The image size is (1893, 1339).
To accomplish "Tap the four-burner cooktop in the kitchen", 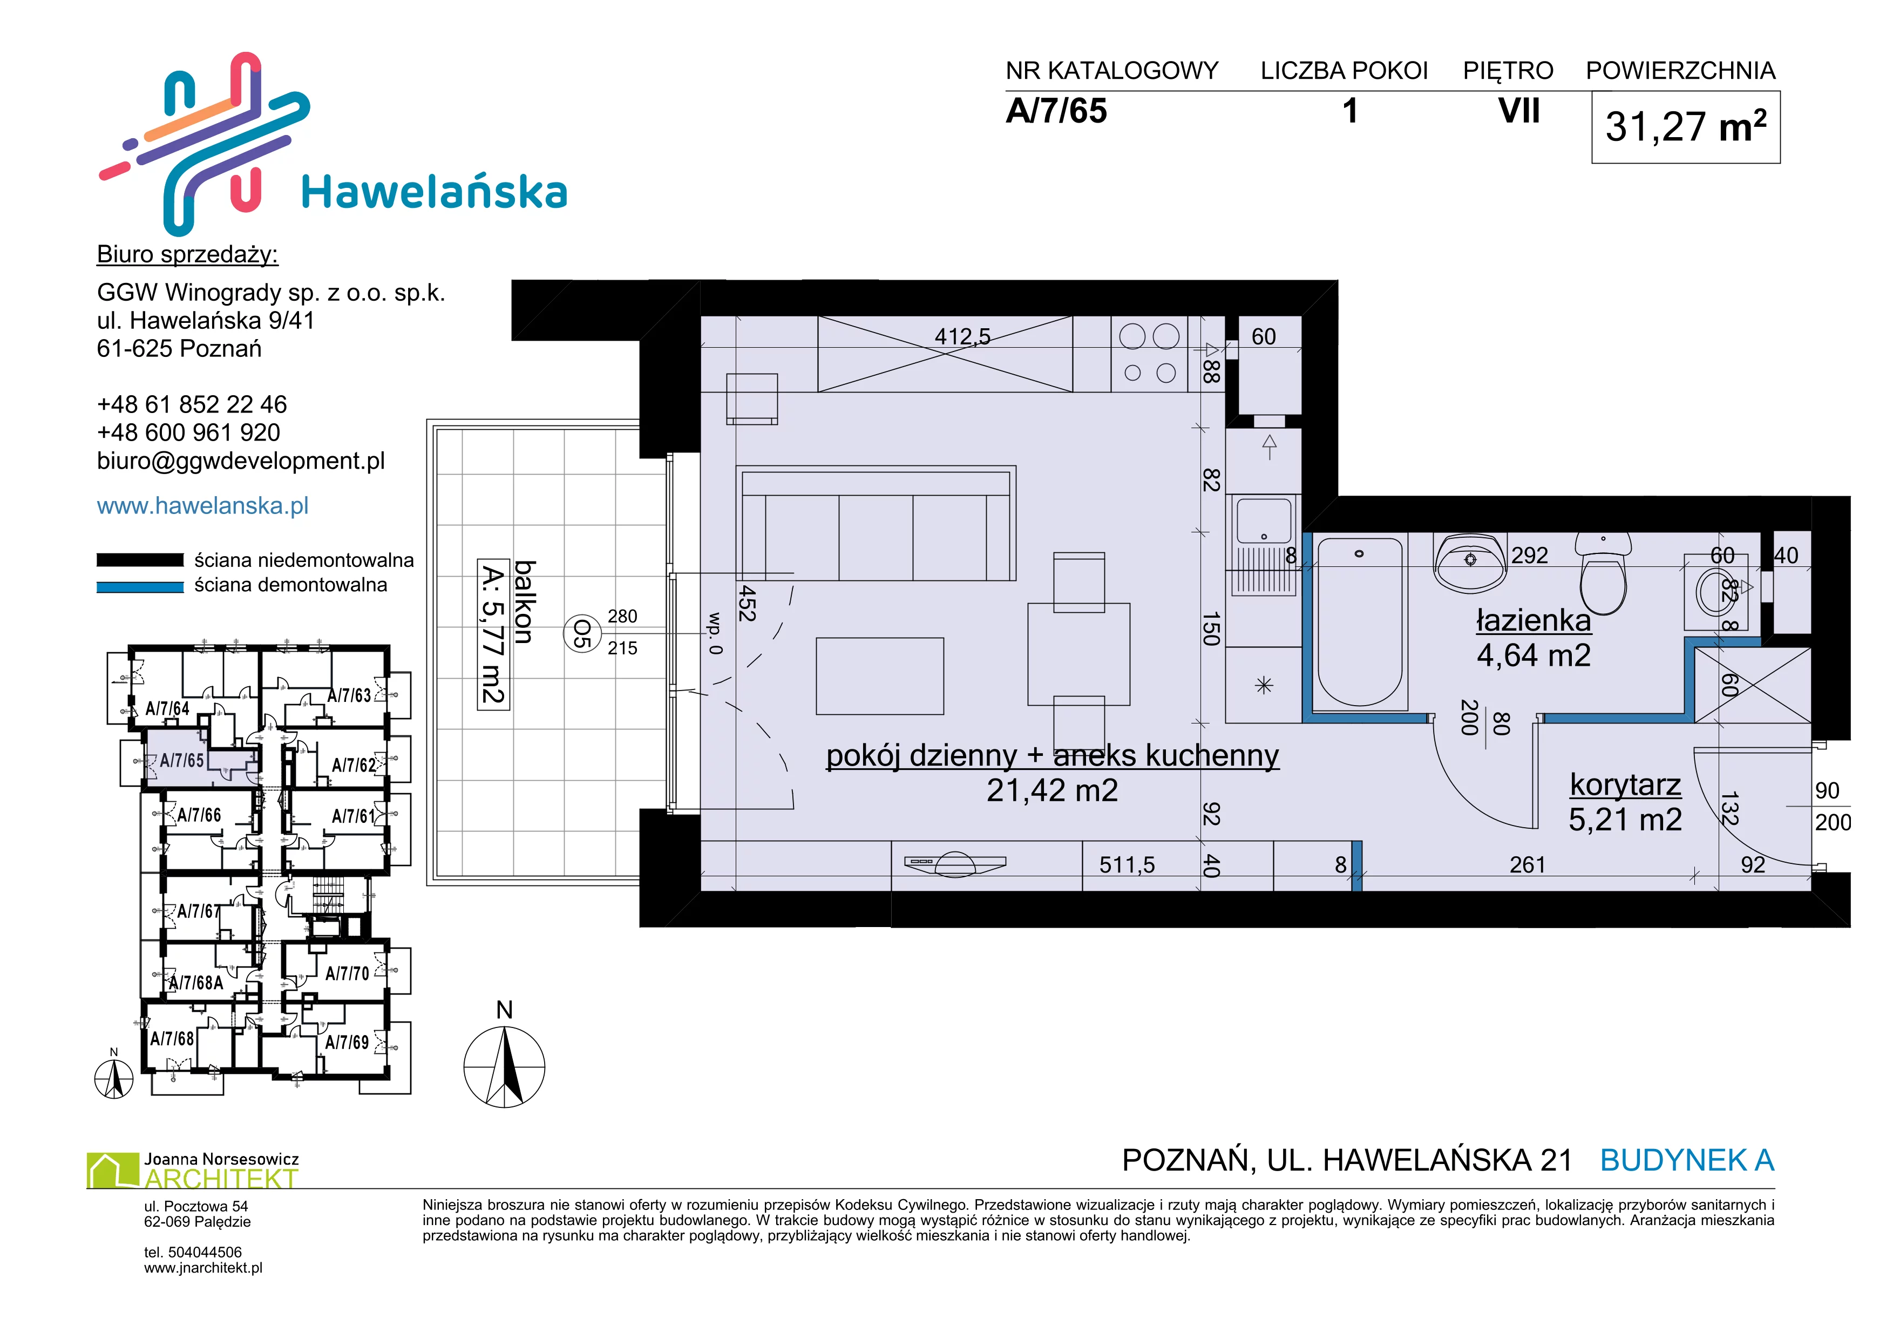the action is [x=1149, y=355].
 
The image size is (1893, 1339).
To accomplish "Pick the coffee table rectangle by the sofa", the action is [x=880, y=675].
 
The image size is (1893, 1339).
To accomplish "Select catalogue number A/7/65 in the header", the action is [x=1056, y=111].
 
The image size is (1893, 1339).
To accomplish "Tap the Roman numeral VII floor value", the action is [x=1519, y=111].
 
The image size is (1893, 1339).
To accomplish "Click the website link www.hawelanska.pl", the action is [x=203, y=505].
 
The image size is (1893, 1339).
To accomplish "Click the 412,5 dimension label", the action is [x=963, y=336].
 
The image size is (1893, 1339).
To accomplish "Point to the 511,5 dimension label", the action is [x=1127, y=865].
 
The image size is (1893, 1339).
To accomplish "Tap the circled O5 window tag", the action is [x=581, y=633].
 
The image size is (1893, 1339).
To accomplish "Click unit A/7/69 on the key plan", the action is [x=347, y=1042].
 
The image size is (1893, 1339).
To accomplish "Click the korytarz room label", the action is [x=1625, y=784].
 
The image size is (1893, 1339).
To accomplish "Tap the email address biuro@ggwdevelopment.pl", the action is [x=241, y=461].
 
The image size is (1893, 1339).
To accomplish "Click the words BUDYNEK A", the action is [x=1687, y=1160].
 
